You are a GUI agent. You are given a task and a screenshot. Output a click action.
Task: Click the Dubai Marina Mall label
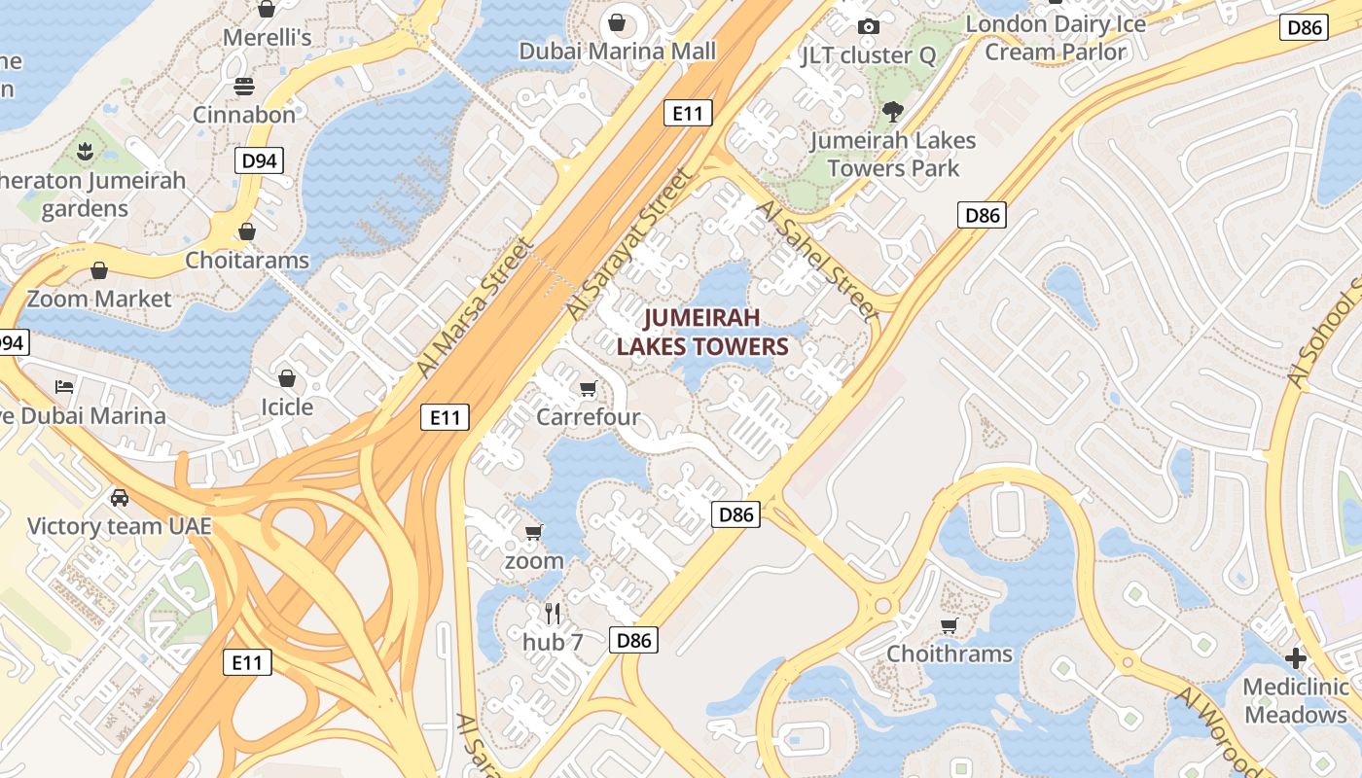pos(617,51)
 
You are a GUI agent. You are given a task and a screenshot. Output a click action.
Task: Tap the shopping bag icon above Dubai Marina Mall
pos(617,21)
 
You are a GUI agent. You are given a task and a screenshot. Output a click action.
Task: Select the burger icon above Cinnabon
pos(243,86)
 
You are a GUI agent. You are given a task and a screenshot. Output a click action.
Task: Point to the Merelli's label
pos(267,38)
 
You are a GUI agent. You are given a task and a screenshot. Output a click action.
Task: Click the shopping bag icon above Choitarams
pos(247,231)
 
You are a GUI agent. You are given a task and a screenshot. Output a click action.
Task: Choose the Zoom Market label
pos(99,299)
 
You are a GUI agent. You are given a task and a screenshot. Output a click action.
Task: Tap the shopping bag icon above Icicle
pos(287,377)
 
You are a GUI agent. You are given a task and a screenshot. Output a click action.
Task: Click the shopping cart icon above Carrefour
pos(588,389)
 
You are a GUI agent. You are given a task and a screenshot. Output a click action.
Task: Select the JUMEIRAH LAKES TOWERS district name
pos(701,332)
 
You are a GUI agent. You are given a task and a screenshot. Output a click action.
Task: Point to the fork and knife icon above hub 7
pos(553,614)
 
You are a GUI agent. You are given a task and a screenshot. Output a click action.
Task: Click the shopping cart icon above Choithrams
pos(949,625)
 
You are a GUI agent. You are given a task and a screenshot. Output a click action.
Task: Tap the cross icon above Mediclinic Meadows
pos(1295,658)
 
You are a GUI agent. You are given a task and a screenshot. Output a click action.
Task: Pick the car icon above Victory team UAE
pos(120,498)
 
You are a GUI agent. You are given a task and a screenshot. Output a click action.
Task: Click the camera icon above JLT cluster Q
pos(869,26)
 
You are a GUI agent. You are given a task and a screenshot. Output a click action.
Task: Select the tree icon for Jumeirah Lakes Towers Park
pos(892,112)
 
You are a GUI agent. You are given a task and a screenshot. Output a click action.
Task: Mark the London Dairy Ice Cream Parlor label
pos(1056,38)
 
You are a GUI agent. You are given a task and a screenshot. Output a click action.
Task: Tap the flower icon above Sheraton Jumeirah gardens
pos(86,152)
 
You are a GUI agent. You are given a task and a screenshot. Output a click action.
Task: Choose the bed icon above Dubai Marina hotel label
pos(64,387)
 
